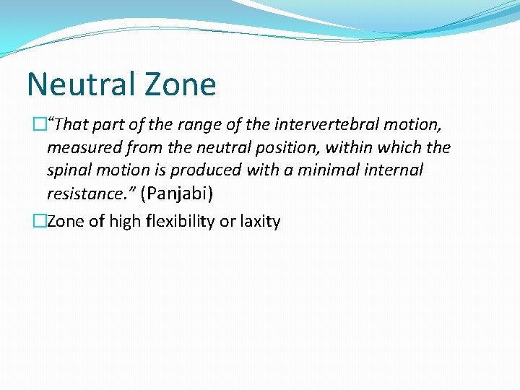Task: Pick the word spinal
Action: (x=67, y=170)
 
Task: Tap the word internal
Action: (x=392, y=170)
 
